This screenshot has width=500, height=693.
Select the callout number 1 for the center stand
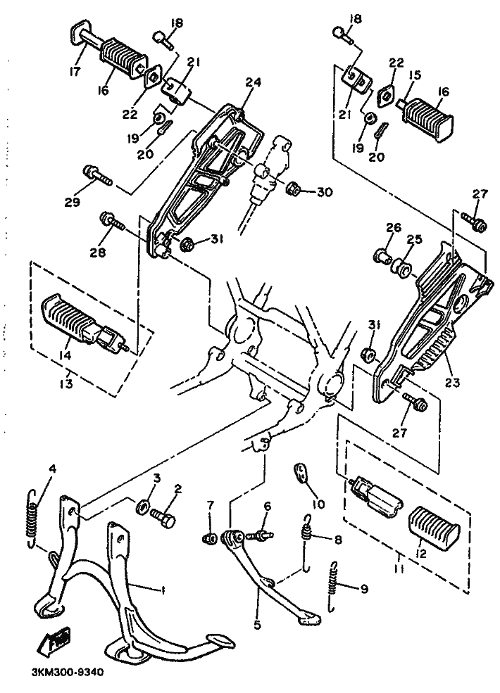[163, 591]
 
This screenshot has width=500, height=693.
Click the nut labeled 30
[294, 190]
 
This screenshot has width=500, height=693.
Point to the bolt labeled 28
[113, 222]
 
